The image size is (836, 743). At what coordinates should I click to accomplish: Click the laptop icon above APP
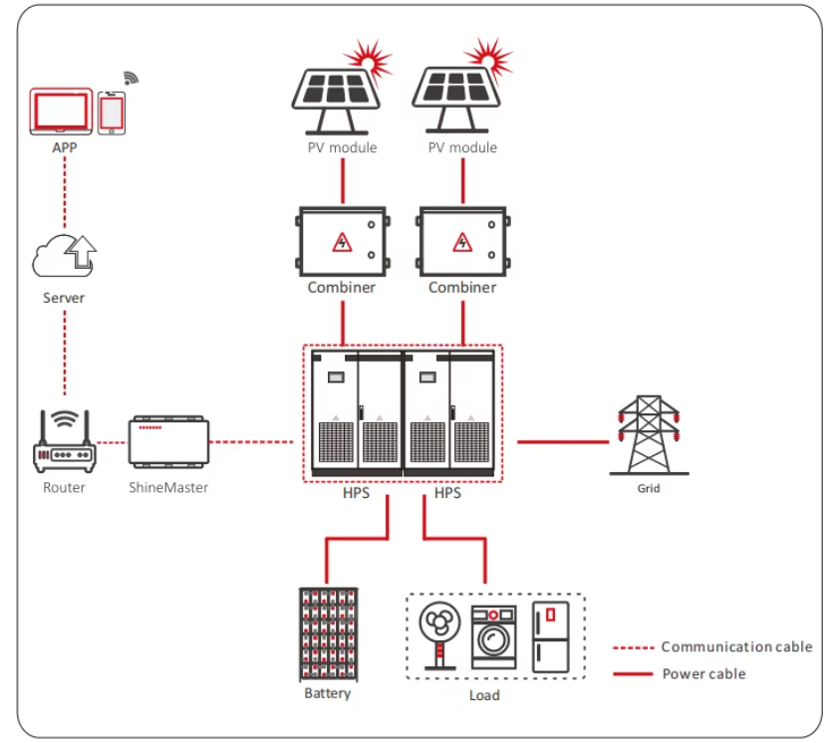coord(61,111)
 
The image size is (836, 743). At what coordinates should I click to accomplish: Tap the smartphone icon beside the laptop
coord(112,113)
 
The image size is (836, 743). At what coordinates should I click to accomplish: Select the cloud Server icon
coord(65,256)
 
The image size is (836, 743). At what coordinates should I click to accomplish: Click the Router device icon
coord(65,441)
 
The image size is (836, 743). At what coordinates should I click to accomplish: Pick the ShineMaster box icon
coord(168,442)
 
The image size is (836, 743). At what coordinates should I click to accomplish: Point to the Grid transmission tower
coord(649,435)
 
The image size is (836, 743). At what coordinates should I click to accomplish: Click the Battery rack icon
coord(328,634)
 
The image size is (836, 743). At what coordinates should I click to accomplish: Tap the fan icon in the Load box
coord(439,635)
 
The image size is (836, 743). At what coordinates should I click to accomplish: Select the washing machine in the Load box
coord(493,637)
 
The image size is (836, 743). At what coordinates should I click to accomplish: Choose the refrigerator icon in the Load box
coord(551,637)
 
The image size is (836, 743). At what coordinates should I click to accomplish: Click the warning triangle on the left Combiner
coord(342,242)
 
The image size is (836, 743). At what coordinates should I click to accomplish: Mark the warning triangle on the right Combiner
coord(462,242)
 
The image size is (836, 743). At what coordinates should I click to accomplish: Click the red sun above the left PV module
coord(369,60)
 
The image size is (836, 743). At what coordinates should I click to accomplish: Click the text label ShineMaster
coord(168,487)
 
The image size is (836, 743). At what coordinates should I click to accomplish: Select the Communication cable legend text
coord(736,646)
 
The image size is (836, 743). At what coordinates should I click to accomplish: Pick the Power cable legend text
coord(703,673)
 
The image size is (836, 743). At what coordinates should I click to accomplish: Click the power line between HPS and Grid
coord(563,442)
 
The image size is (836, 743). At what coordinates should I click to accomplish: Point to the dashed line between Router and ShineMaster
coord(112,442)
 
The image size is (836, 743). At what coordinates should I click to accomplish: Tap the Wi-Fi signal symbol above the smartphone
coord(131,79)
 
